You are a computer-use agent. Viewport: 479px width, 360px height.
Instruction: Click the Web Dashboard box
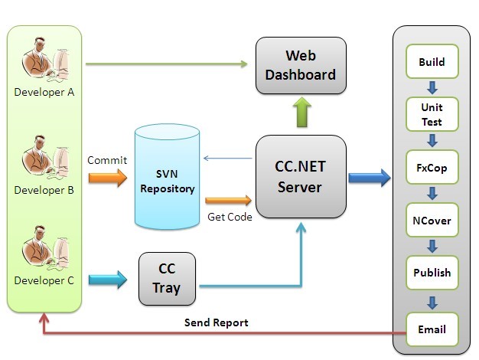[300, 66]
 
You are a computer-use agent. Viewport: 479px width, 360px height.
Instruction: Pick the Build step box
[432, 62]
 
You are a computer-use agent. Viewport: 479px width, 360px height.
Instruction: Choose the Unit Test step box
[432, 114]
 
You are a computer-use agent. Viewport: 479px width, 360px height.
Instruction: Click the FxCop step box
[432, 168]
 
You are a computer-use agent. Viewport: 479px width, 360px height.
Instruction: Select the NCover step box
[432, 221]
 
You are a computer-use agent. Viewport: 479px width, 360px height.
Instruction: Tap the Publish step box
[432, 273]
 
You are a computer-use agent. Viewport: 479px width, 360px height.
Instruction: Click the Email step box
[432, 330]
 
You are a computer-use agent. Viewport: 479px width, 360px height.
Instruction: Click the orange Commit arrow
[106, 178]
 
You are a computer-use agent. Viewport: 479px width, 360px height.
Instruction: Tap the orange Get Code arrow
[238, 201]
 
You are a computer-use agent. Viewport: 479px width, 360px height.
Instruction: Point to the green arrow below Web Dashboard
[300, 113]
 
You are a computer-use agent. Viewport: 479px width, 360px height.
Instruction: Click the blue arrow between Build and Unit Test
[432, 87]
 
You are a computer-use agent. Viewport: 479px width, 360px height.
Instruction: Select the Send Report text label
[216, 322]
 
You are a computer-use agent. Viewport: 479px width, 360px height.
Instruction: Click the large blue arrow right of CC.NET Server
[369, 178]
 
